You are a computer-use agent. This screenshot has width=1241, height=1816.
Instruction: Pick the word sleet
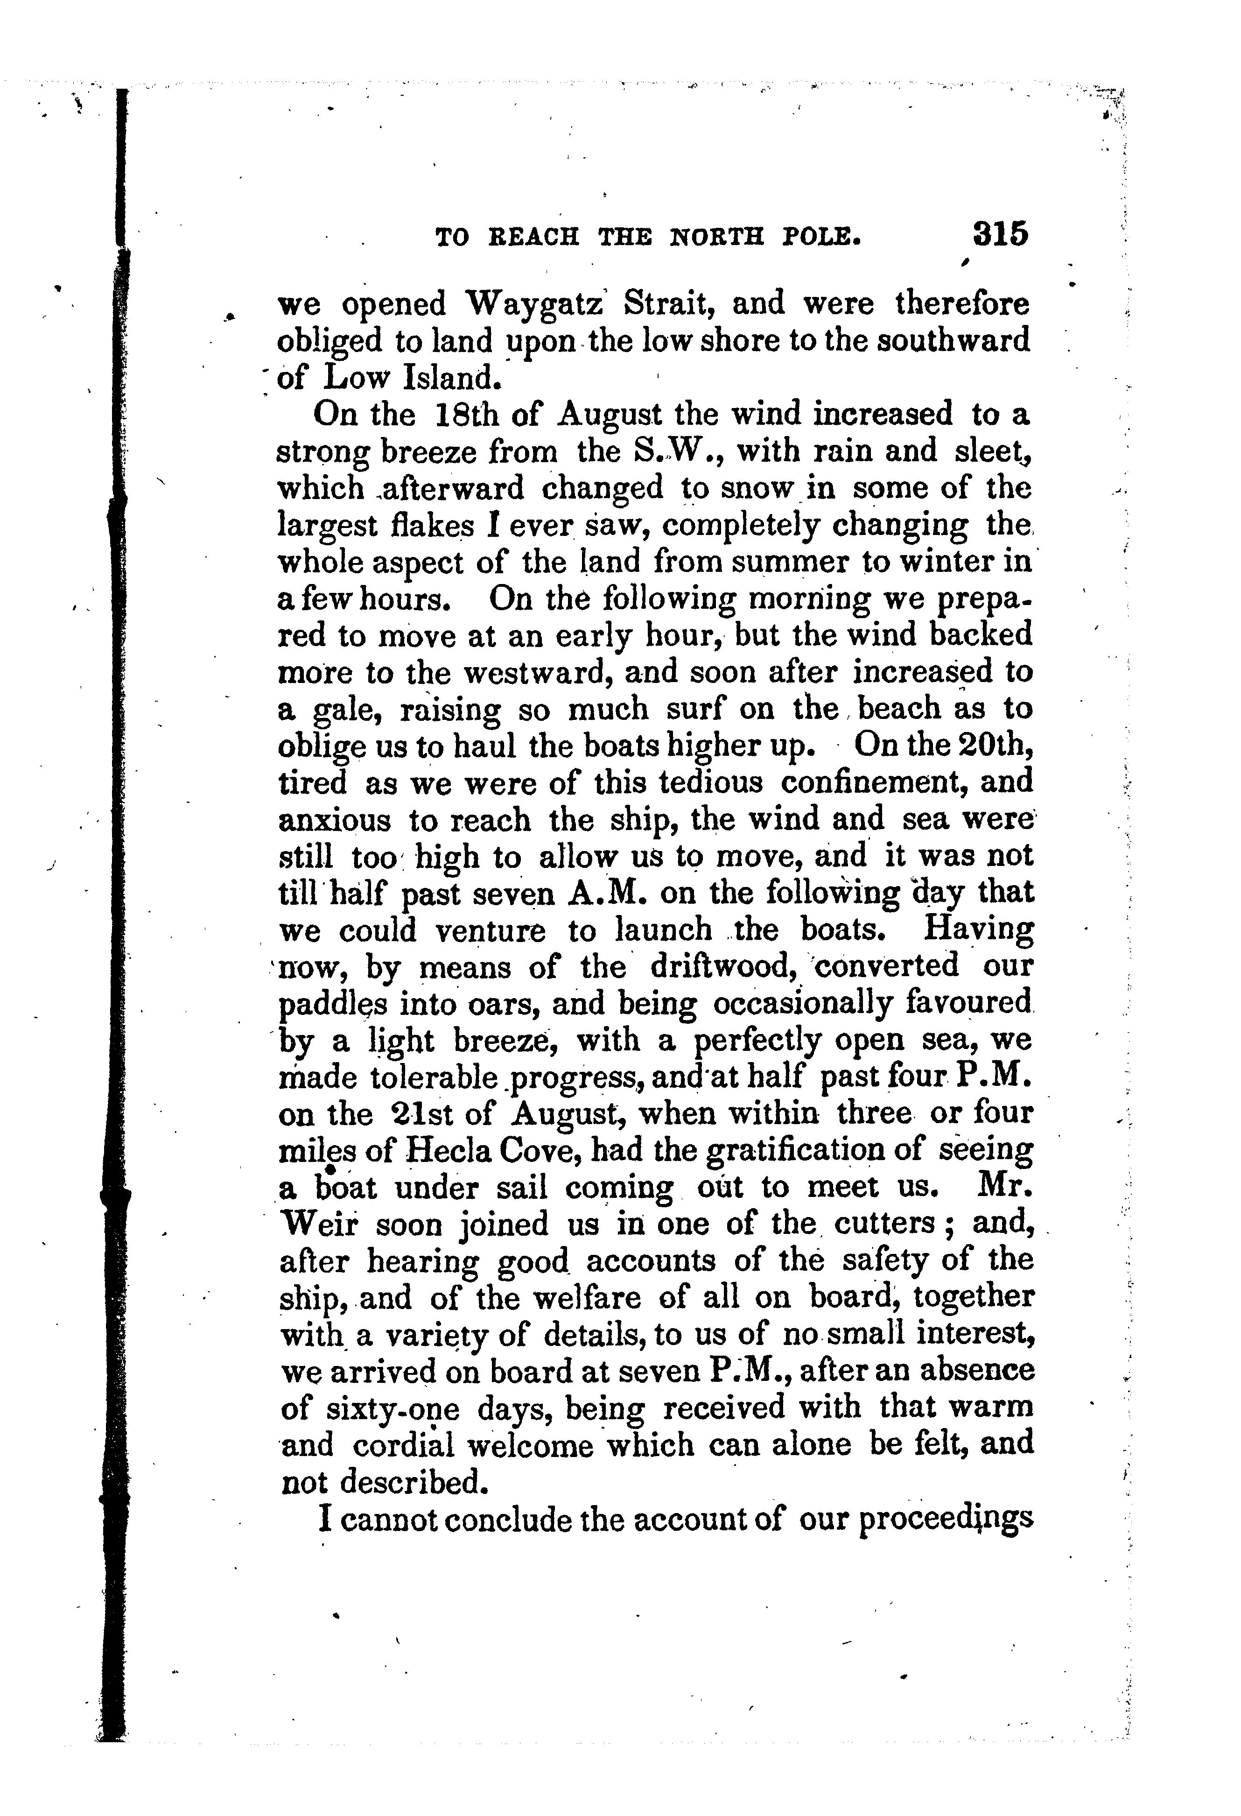[x=992, y=451]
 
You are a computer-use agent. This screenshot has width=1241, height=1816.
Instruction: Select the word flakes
[x=432, y=525]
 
